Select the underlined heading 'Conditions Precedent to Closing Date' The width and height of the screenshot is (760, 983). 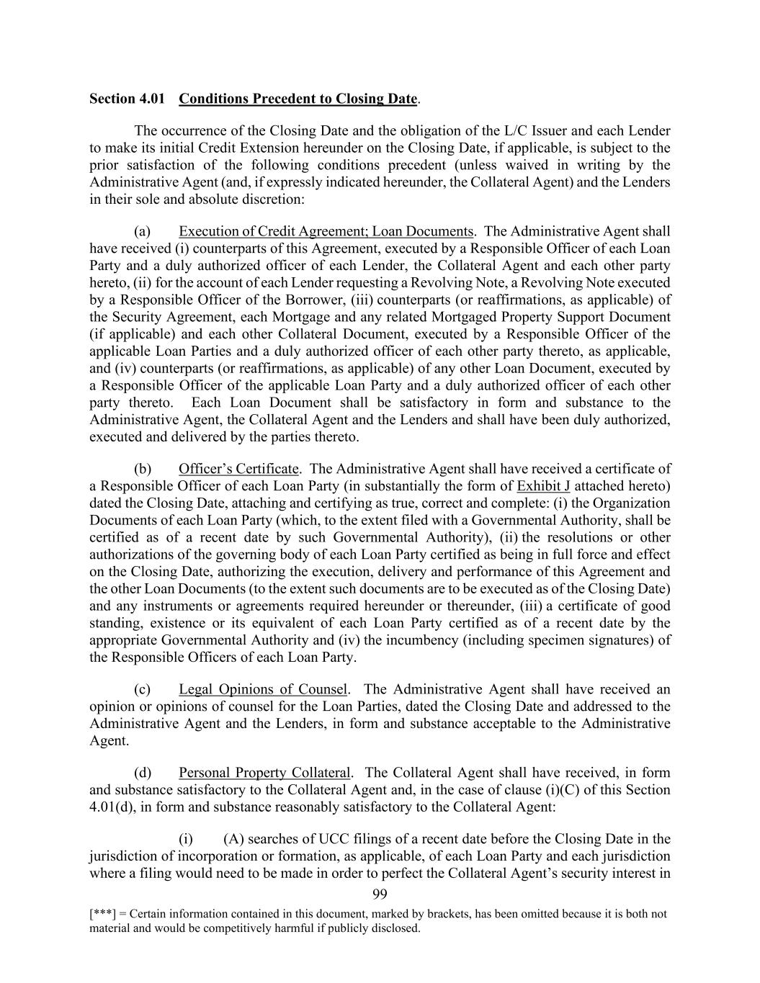tap(298, 99)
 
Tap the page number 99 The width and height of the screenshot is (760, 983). tap(380, 894)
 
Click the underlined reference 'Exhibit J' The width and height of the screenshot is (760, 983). tap(543, 485)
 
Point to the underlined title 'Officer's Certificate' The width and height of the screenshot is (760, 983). tap(238, 469)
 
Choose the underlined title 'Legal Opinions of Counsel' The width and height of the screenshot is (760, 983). tap(263, 689)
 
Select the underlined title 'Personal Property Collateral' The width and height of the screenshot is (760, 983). tap(264, 773)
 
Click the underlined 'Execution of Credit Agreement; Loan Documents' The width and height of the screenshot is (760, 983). tap(326, 231)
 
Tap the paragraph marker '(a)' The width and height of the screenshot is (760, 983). tap(143, 231)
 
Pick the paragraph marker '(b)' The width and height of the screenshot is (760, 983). tap(143, 469)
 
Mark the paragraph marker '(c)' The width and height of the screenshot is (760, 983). tap(143, 689)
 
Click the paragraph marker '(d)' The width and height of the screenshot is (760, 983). tap(143, 773)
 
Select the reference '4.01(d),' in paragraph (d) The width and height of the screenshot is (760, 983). tap(113, 807)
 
